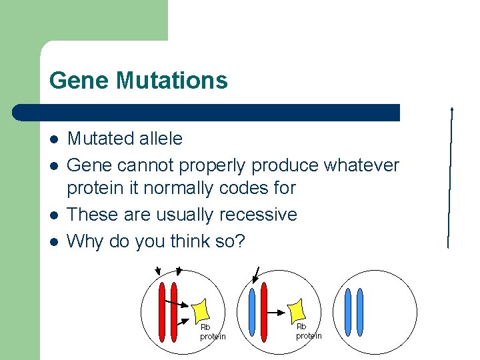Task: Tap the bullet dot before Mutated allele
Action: click(54, 139)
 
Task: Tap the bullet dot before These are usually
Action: click(54, 215)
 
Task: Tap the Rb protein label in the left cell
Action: click(213, 332)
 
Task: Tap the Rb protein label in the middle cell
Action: click(309, 331)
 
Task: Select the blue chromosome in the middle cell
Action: click(251, 313)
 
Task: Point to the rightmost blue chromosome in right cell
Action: click(360, 313)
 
